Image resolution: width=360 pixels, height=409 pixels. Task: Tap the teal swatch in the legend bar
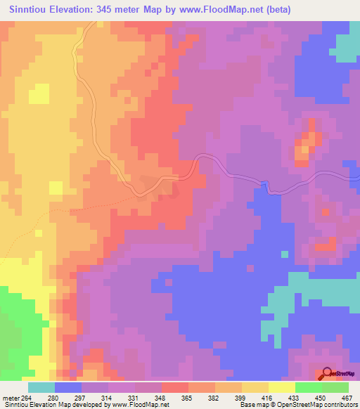click(x=41, y=387)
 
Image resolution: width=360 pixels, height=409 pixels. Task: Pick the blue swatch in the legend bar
click(x=67, y=387)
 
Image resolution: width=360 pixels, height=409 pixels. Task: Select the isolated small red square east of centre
click(x=325, y=212)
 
